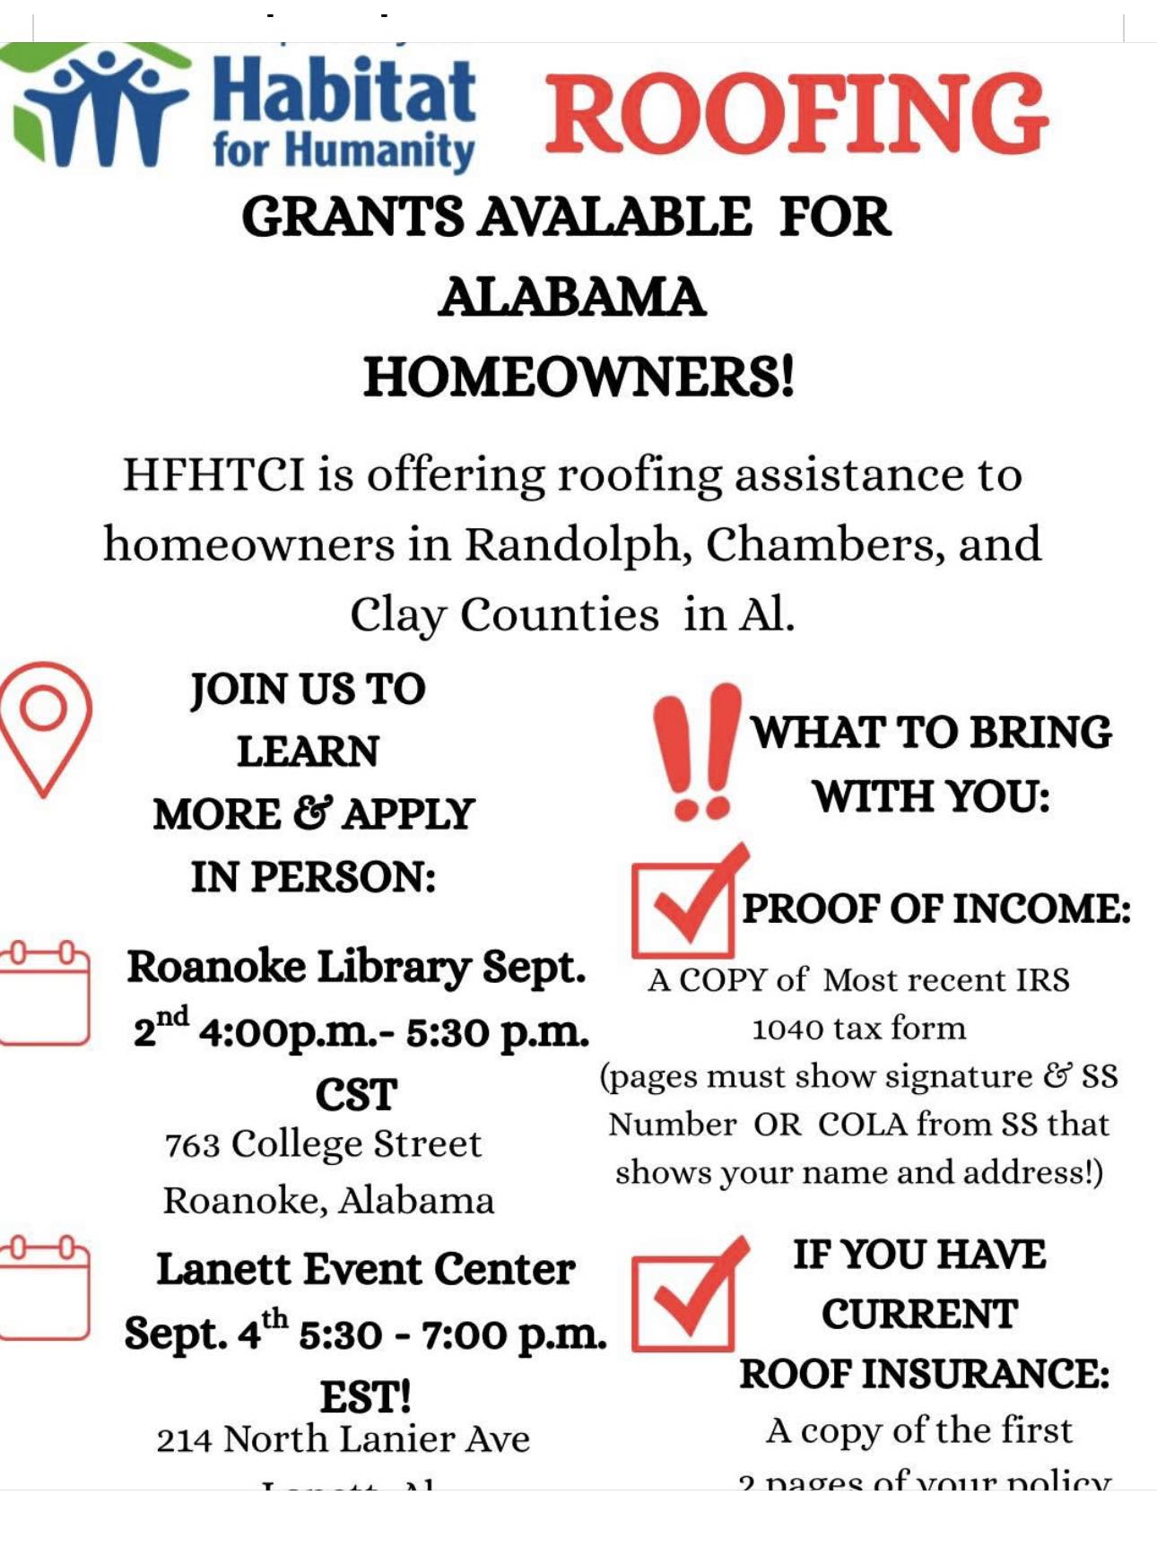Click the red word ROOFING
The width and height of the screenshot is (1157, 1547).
(x=796, y=114)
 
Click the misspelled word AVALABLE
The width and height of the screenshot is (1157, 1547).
(x=614, y=217)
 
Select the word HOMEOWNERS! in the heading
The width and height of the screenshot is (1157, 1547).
(x=578, y=377)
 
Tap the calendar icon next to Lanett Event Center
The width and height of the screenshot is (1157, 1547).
(x=45, y=1288)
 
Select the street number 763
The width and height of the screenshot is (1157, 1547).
(x=192, y=1145)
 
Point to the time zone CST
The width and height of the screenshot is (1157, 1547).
(x=356, y=1095)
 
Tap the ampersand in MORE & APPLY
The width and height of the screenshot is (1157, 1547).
(x=312, y=814)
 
